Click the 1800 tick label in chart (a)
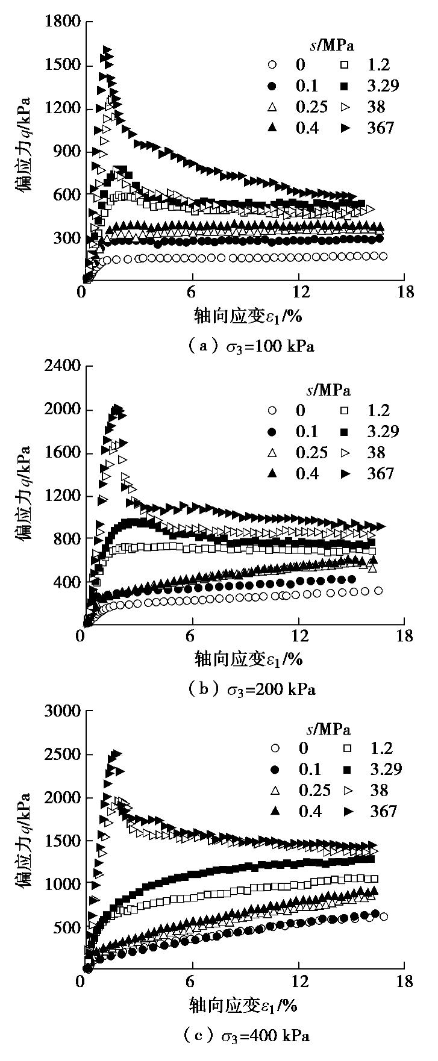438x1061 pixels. [63, 22]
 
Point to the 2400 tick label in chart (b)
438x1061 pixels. [63, 366]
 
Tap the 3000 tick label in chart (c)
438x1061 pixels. [63, 711]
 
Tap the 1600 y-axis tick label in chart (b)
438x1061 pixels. [63, 453]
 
